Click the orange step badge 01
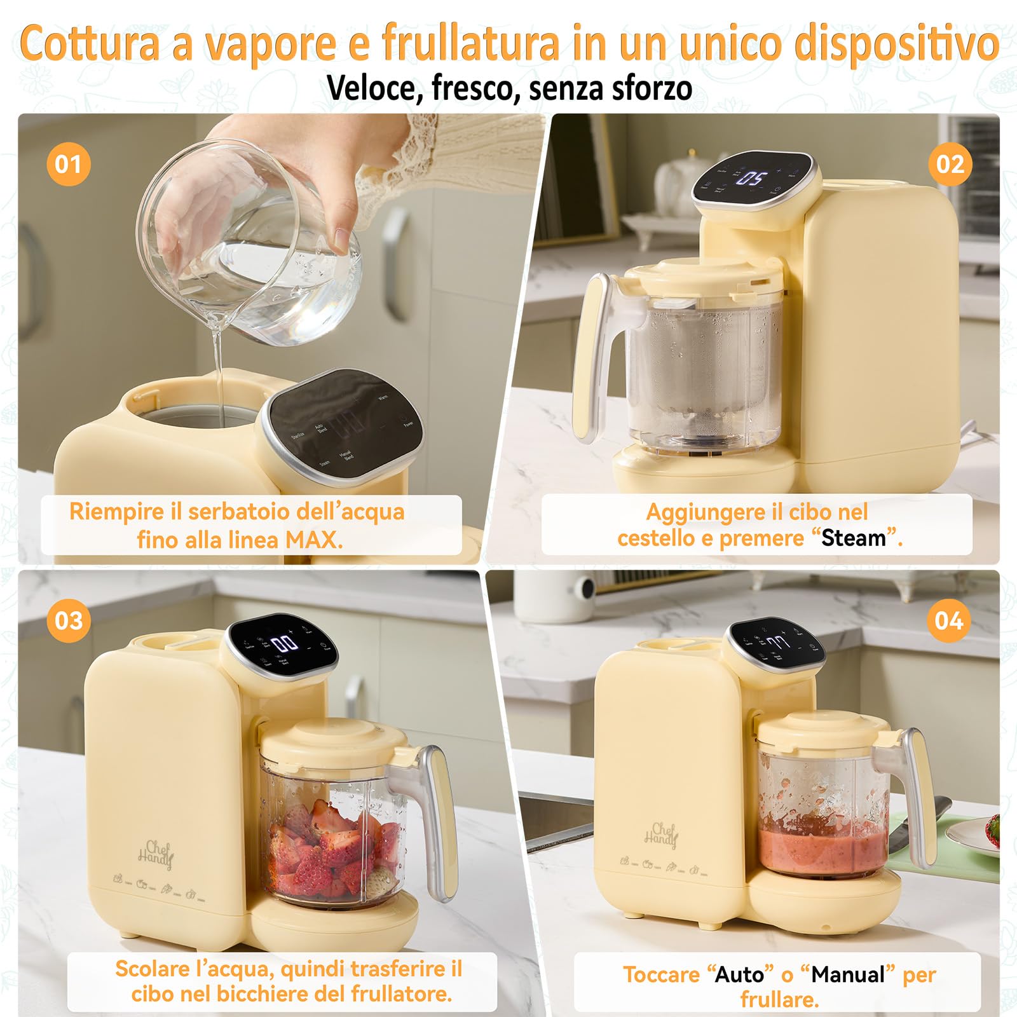[x=68, y=165]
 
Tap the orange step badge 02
[x=950, y=165]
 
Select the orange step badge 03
[x=68, y=620]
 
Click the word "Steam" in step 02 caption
[x=854, y=538]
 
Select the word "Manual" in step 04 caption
[x=848, y=974]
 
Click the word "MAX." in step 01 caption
[x=314, y=540]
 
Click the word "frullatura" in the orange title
[x=470, y=43]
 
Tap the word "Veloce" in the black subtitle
[x=375, y=88]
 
